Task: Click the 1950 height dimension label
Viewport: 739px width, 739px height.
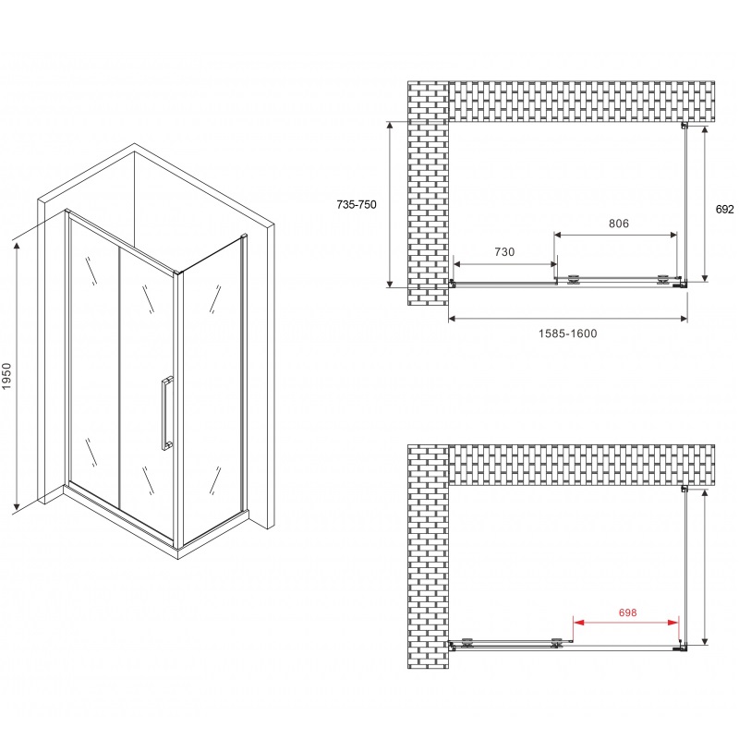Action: click(x=8, y=380)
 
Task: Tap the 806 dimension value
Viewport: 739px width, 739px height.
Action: click(x=618, y=224)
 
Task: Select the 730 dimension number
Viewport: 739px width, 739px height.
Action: click(x=503, y=252)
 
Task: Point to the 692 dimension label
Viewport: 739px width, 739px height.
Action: click(x=724, y=210)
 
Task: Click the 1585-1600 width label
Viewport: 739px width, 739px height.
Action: click(x=568, y=333)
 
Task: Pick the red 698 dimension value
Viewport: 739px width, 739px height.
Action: click(x=627, y=612)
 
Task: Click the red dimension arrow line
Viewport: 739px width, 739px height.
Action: click(x=627, y=624)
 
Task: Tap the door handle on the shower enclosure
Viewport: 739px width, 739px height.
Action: click(x=165, y=412)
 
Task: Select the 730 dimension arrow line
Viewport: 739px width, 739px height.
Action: click(x=503, y=262)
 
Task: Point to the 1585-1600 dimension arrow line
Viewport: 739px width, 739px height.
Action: click(x=568, y=320)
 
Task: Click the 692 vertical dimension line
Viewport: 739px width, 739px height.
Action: click(x=705, y=203)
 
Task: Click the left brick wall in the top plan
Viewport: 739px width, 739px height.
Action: click(x=427, y=194)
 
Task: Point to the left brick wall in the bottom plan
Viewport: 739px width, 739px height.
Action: click(x=427, y=554)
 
